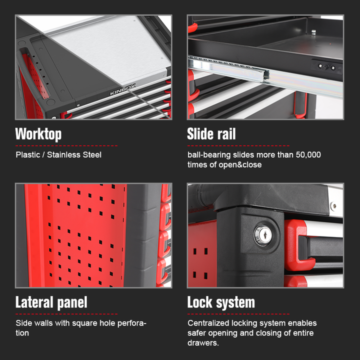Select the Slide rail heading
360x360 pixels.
pos(211,134)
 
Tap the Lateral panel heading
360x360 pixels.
pos(51,302)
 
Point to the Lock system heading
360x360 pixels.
pos(221,302)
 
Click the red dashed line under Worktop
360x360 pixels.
pos(66,145)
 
